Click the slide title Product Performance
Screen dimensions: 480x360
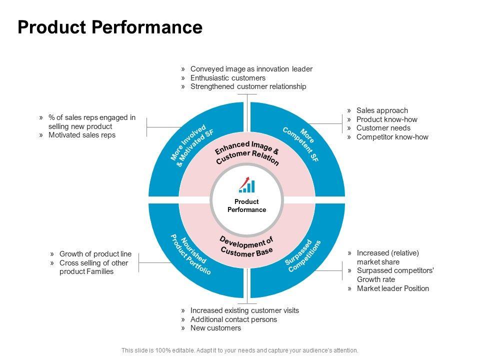[x=110, y=27]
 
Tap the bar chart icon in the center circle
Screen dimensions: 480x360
[x=246, y=184]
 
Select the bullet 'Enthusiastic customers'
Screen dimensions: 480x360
[x=228, y=78]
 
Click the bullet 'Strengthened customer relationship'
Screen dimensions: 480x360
[x=248, y=86]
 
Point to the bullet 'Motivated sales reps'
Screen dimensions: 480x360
[x=81, y=135]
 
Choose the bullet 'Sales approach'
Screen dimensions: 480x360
[x=382, y=110]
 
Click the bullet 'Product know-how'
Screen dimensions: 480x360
[x=386, y=119]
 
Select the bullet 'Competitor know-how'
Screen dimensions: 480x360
[x=392, y=137]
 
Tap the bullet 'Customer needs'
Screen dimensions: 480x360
[x=383, y=128]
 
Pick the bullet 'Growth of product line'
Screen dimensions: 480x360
[x=95, y=254]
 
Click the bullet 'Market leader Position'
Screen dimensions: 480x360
[x=393, y=288]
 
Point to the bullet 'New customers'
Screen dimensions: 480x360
[x=215, y=328]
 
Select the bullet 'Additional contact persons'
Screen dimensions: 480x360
[x=233, y=319]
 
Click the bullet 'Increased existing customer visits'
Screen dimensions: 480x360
[x=244, y=310]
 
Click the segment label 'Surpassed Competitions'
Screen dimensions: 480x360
[x=303, y=256]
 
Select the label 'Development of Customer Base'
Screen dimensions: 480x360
[x=246, y=246]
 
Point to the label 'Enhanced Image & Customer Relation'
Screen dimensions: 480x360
[x=246, y=153]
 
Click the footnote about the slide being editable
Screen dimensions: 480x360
[x=239, y=350]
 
